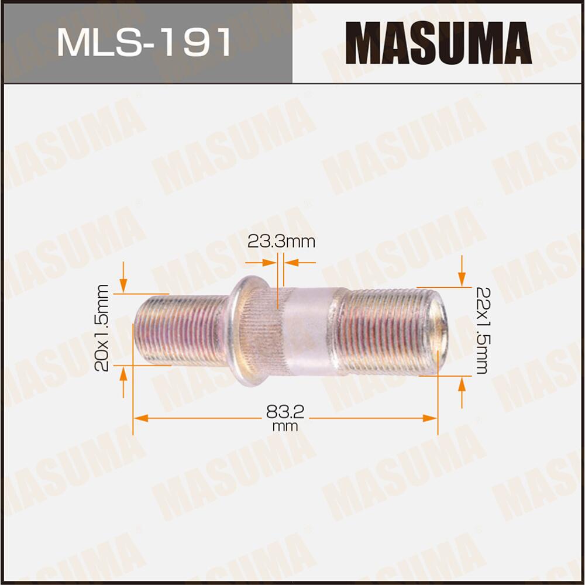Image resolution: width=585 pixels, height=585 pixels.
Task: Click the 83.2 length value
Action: point(285,412)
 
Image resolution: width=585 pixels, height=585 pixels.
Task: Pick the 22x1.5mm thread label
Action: point(481,331)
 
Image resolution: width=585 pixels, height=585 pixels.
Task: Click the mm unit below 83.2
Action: point(285,427)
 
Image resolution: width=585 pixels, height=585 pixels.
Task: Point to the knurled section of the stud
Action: point(266,332)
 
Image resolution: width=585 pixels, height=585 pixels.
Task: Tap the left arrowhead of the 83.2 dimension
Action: point(140,418)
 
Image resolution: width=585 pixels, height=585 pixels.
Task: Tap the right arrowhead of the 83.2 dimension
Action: point(431,418)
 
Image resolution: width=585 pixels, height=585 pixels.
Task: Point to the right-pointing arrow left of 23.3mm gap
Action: point(270,263)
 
